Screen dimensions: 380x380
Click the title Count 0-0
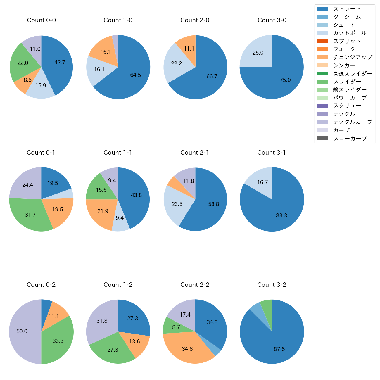pyautogui.click(x=41, y=20)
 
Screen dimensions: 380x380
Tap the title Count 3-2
pyautogui.click(x=272, y=285)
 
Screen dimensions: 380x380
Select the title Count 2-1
pyautogui.click(x=195, y=153)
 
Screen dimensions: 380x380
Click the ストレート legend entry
pyautogui.click(x=347, y=9)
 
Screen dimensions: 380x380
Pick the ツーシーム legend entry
pyautogui.click(x=347, y=17)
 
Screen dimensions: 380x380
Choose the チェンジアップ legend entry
pyautogui.click(x=353, y=57)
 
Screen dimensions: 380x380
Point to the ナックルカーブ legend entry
pyautogui.click(x=353, y=122)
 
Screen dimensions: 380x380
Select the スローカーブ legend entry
pyautogui.click(x=350, y=138)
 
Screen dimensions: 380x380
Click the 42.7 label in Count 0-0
pyautogui.click(x=60, y=62)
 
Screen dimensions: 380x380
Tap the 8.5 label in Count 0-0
pyautogui.click(x=28, y=80)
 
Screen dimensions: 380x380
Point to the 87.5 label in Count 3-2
pyautogui.click(x=279, y=349)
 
